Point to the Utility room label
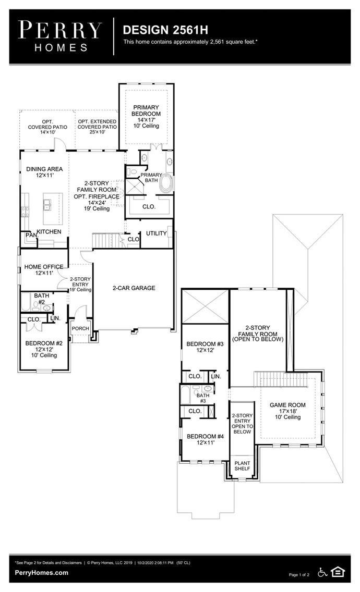pyautogui.click(x=156, y=233)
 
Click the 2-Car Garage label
pyautogui.click(x=134, y=288)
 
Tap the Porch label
pyautogui.click(x=80, y=328)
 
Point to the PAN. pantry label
pyautogui.click(x=30, y=235)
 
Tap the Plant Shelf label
pyautogui.click(x=242, y=465)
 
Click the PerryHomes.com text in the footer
pyautogui.click(x=42, y=572)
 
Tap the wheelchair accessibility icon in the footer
pyautogui.click(x=322, y=573)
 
